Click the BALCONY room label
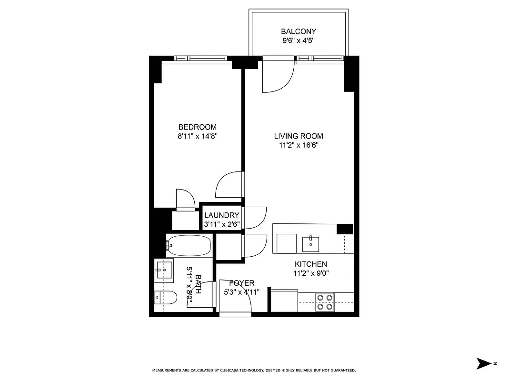coord(298,32)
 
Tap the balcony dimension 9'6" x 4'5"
coord(298,40)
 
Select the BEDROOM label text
coord(197,127)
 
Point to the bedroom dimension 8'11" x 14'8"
coord(197,136)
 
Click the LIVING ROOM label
coord(299,136)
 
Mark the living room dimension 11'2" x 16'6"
coord(299,145)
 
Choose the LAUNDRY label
coord(221,215)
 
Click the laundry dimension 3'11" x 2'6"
coord(221,224)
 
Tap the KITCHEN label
coord(311,264)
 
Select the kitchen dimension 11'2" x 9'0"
coord(311,273)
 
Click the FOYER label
coord(242,283)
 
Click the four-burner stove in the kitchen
coord(325,302)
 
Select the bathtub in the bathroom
coord(189,246)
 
